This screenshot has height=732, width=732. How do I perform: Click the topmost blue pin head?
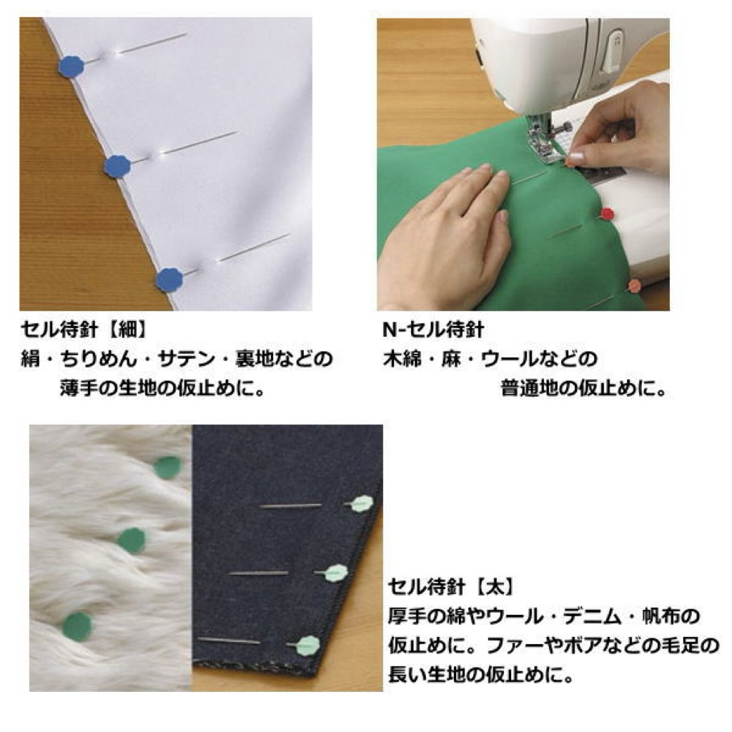[71, 66]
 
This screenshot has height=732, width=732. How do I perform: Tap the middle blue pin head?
[117, 166]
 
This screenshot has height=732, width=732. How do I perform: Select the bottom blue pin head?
[169, 280]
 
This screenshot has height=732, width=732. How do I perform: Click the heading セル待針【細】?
[84, 330]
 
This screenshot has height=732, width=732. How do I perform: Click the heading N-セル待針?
[432, 330]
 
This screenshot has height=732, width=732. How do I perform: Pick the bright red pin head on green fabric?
[606, 214]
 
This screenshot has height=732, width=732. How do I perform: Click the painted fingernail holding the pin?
[574, 157]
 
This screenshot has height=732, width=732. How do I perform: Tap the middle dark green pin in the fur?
[132, 540]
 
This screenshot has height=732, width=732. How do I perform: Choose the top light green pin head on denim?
[362, 504]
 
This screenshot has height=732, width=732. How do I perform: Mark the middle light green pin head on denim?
[336, 573]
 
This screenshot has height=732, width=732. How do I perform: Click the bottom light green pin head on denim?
[307, 646]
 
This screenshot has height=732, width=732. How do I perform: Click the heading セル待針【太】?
[452, 587]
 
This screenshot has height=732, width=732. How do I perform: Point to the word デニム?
[592, 617]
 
